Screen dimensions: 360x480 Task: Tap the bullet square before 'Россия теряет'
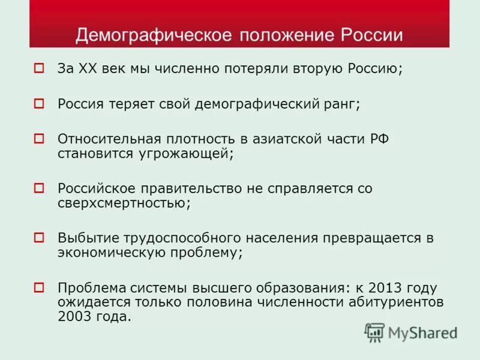[x=40, y=103]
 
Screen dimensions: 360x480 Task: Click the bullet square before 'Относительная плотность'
[x=40, y=139]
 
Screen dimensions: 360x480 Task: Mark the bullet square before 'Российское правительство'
[x=40, y=188]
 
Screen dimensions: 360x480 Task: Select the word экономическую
[x=116, y=253]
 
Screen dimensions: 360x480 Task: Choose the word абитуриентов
[x=396, y=302]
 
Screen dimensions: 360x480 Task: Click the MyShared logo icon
[x=374, y=332]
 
